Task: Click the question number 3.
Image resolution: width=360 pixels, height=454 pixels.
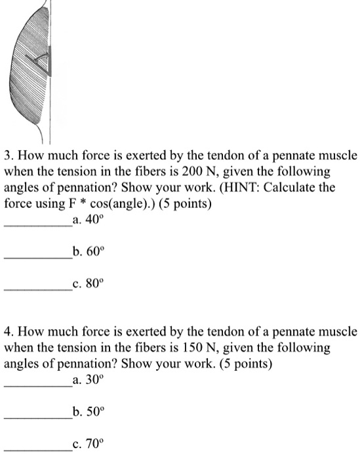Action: [x=7, y=157]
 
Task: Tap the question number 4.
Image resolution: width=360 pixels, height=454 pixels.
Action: [x=7, y=331]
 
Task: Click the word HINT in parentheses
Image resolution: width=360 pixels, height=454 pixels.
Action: [x=244, y=188]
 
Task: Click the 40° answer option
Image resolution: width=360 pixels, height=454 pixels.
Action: [x=89, y=220]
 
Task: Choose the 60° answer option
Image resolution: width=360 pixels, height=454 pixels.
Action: [x=90, y=253]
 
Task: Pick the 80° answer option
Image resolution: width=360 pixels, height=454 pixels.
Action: [x=89, y=285]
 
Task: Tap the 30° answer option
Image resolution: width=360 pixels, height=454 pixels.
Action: [x=89, y=379]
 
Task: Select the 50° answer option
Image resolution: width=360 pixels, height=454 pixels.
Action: [x=90, y=411]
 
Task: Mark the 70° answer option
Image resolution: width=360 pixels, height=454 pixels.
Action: [x=89, y=444]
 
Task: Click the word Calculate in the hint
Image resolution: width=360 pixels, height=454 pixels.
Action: [x=289, y=188]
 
